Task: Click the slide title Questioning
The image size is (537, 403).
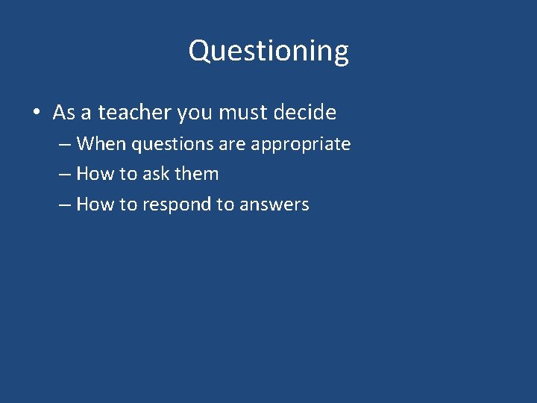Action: point(268,51)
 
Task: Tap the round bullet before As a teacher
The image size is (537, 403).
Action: point(36,113)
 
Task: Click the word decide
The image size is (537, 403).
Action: point(305,113)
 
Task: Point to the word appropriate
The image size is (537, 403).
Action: point(301,144)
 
